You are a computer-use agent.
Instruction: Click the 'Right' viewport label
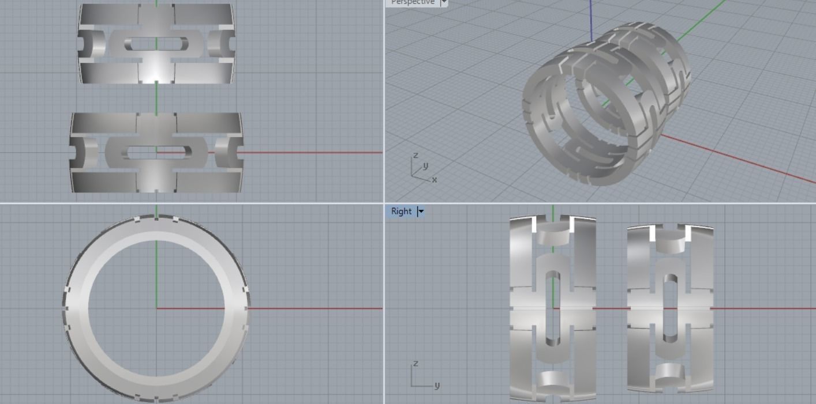pyautogui.click(x=401, y=212)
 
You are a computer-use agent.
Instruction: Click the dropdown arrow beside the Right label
pyautogui.click(x=421, y=212)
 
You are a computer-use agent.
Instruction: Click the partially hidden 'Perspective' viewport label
pyautogui.click(x=412, y=2)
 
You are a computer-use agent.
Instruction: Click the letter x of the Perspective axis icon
pyautogui.click(x=435, y=180)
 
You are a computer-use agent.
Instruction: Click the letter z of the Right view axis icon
pyautogui.click(x=415, y=364)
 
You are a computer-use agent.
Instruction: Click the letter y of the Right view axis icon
pyautogui.click(x=437, y=385)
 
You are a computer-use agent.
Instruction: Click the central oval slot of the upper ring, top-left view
pyautogui.click(x=156, y=44)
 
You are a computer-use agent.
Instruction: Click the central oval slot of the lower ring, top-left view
pyautogui.click(x=156, y=153)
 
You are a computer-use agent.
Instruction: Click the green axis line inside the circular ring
pyautogui.click(x=156, y=271)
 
